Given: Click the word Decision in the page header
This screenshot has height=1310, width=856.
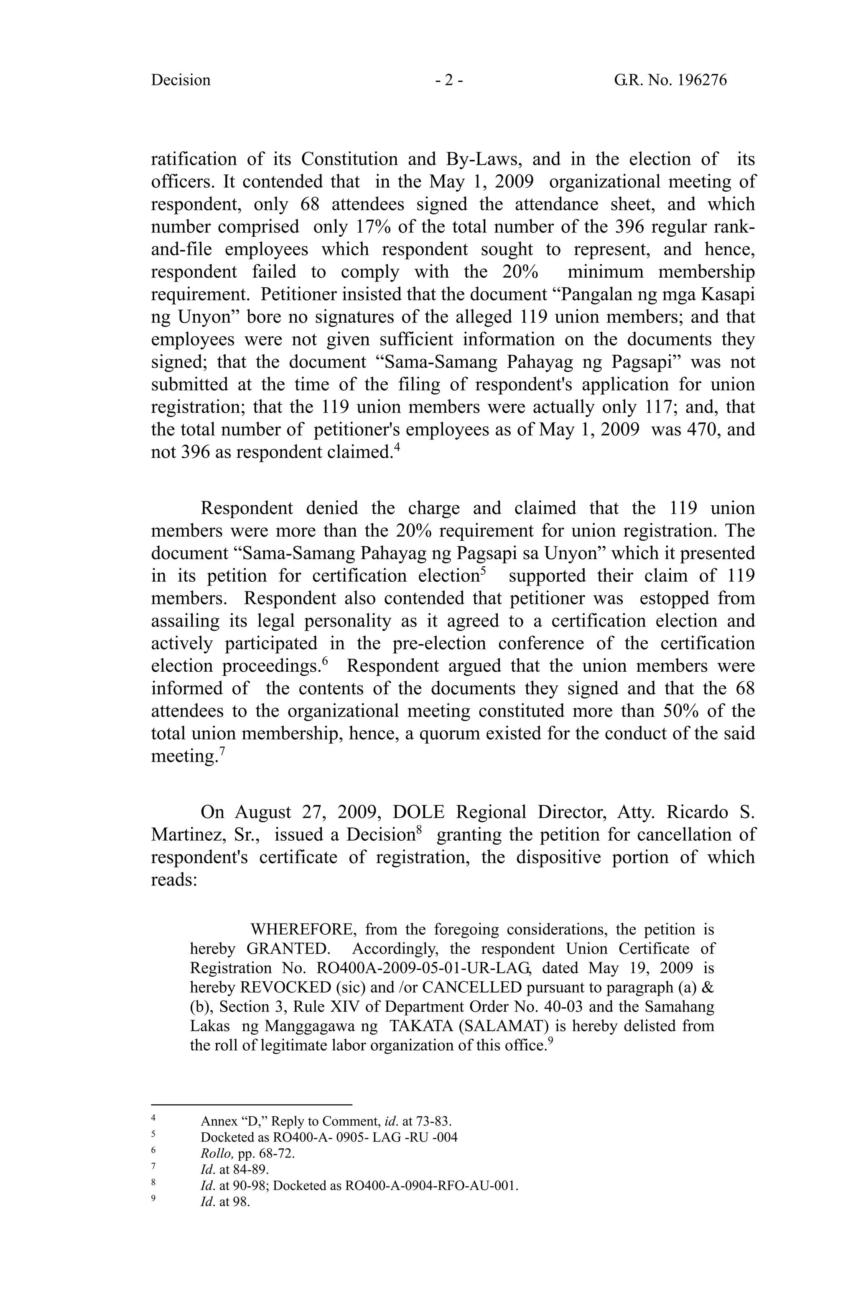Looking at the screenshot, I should click(x=181, y=80).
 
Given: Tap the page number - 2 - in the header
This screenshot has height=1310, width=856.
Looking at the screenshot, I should click(x=448, y=80).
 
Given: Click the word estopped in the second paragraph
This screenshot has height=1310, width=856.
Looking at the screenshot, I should click(x=674, y=598).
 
